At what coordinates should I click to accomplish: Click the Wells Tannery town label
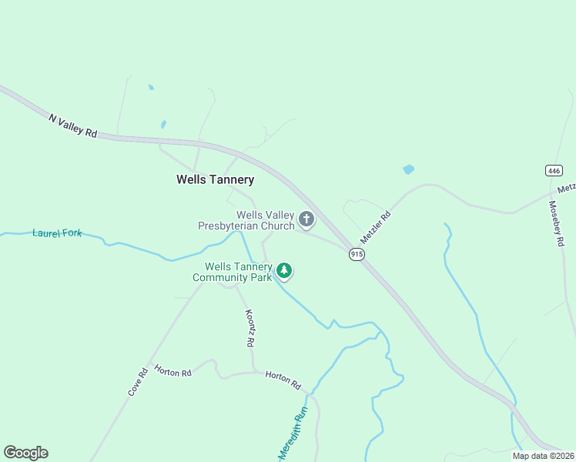point(215,179)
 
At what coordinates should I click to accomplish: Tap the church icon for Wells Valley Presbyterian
point(306,220)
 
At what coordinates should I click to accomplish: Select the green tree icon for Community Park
point(285,270)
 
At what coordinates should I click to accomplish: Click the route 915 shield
point(356,254)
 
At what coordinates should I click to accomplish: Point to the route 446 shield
point(554,171)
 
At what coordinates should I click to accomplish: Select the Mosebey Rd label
point(555,223)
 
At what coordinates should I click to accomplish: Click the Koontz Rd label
point(249,329)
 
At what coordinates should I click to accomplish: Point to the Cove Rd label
point(138,382)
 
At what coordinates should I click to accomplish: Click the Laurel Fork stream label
point(57,232)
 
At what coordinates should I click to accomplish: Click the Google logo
point(25,453)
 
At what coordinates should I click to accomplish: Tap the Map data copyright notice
point(543,456)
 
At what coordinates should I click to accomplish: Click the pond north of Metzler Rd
point(408,169)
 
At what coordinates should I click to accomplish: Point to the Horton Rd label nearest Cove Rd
point(172,372)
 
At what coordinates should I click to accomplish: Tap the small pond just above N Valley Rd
point(163,124)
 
